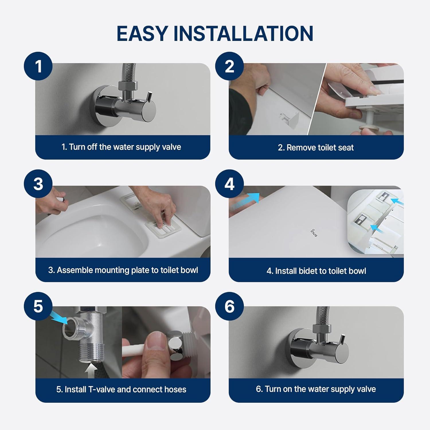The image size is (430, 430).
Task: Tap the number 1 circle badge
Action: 38,66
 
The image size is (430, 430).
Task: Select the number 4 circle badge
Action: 229,184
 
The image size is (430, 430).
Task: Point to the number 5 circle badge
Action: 38,306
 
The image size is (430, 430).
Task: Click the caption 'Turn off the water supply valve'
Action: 122,147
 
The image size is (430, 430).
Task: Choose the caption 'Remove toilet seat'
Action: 316,148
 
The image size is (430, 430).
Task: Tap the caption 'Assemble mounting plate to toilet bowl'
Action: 123,270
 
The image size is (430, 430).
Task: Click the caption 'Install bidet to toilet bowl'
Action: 316,271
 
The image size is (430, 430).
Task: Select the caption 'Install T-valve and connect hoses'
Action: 121,389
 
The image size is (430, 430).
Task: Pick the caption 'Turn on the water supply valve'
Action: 316,389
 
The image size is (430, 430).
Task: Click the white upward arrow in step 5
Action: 91,370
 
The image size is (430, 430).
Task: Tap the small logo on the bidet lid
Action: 314,233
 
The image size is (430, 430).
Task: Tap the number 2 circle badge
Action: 229,66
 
